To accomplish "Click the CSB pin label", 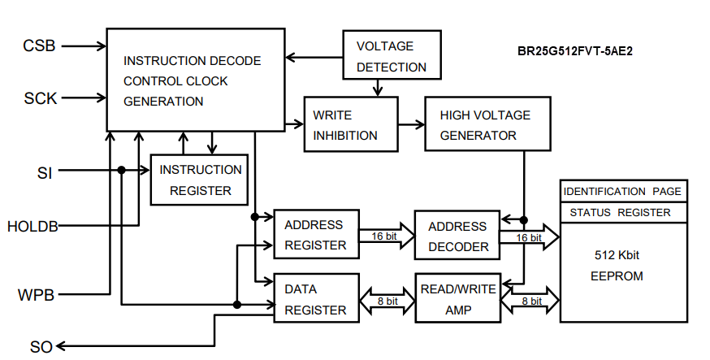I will tap(39, 46).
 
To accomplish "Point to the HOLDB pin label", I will tap(32, 226).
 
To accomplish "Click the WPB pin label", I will tap(36, 294).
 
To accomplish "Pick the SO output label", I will tap(41, 347).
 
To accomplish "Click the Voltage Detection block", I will tap(392, 56).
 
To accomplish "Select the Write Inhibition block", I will tap(351, 124).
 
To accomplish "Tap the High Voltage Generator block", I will tap(485, 124).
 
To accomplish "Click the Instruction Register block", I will tap(199, 180).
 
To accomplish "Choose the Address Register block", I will tap(316, 235).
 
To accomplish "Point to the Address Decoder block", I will tap(457, 236).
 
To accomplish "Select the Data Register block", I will tap(316, 298).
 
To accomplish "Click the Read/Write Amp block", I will tap(457, 299).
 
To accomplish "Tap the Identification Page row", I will tap(623, 192).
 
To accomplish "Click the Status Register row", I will tap(623, 213).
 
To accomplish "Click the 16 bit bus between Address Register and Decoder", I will tap(387, 236).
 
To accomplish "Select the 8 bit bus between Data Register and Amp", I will tap(387, 301).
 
